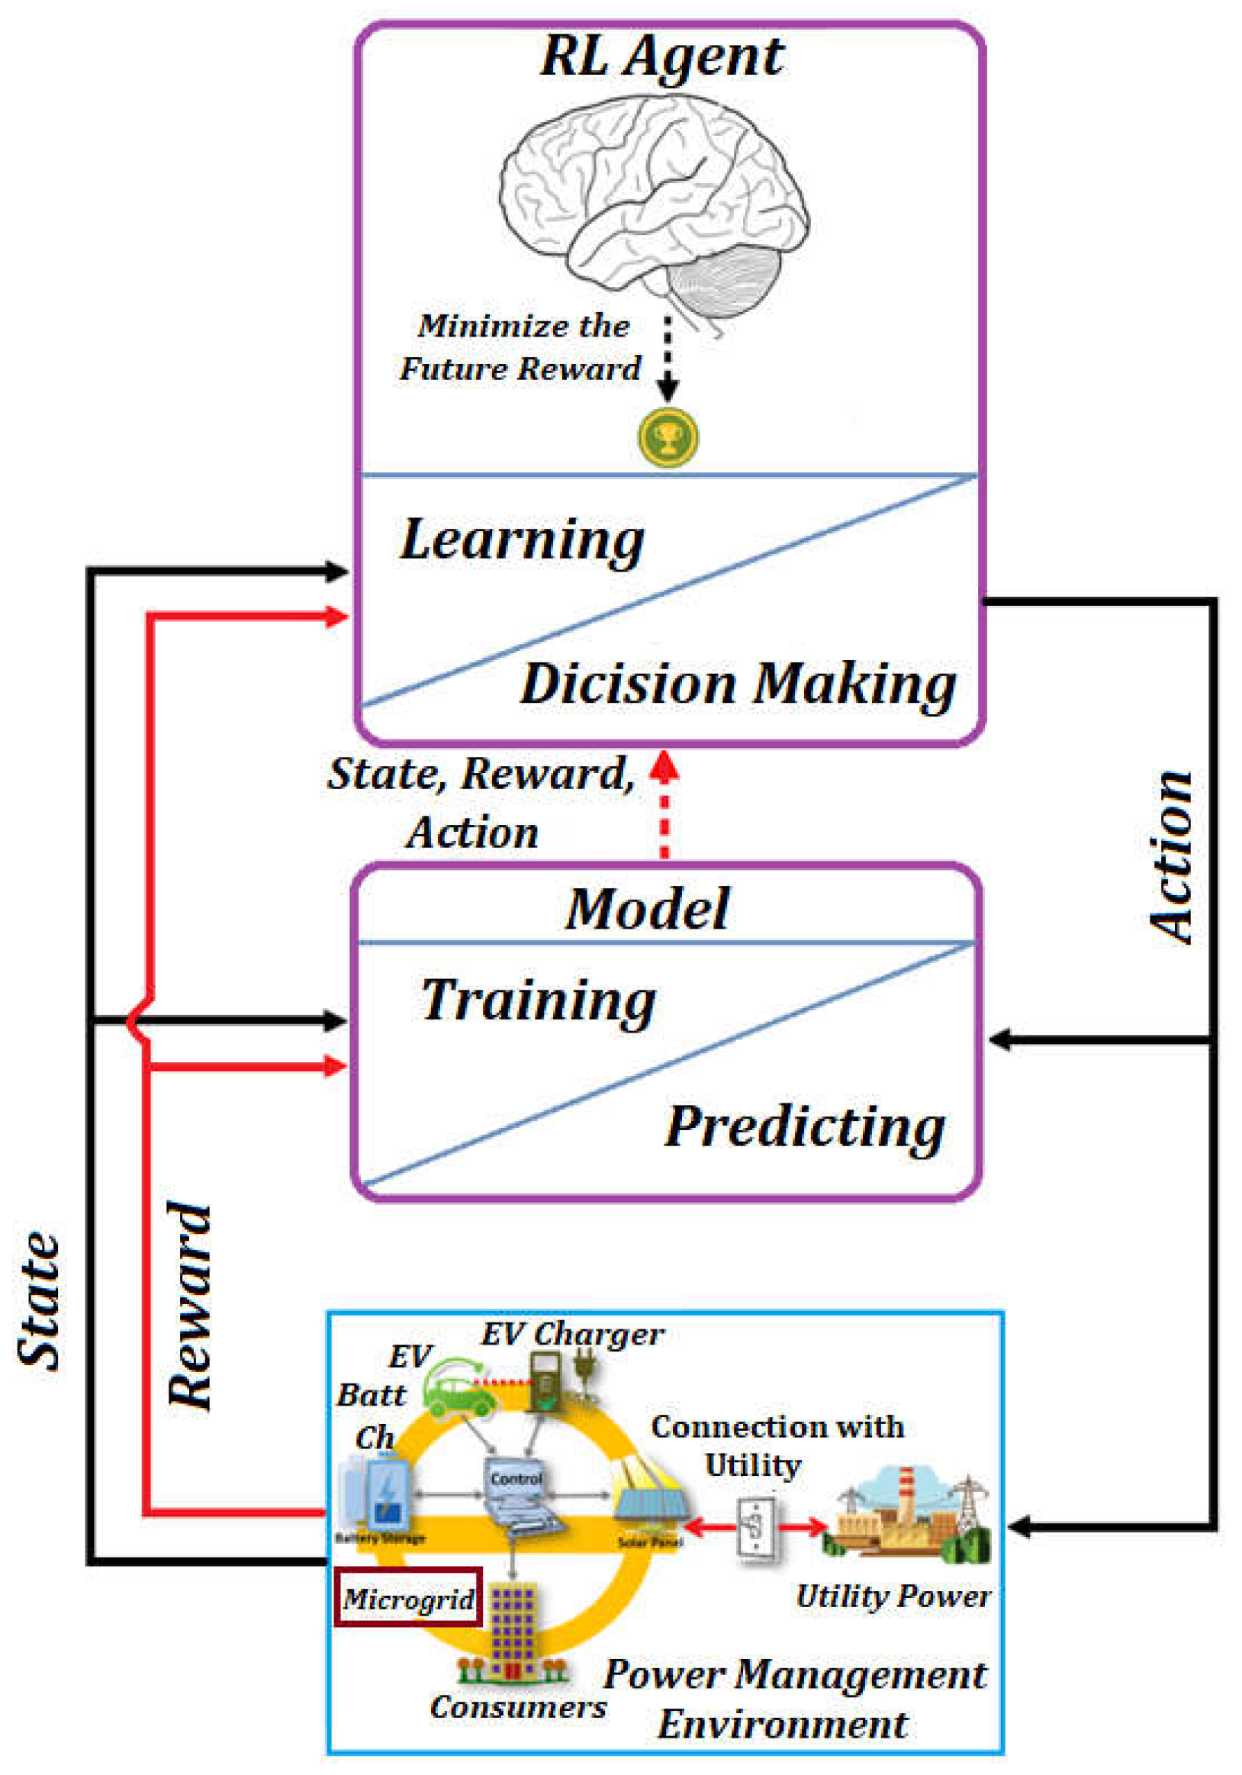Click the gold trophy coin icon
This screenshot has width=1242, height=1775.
(668, 437)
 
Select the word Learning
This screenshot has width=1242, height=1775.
(522, 540)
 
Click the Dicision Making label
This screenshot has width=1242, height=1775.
(738, 685)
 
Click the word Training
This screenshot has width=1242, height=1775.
(539, 1000)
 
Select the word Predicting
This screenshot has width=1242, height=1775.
(805, 1127)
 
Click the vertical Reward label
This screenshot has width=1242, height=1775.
(189, 1306)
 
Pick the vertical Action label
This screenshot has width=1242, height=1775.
(1170, 859)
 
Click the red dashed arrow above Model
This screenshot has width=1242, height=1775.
(664, 808)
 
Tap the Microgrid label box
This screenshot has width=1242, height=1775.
(408, 1598)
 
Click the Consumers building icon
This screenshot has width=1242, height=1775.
(512, 1632)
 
